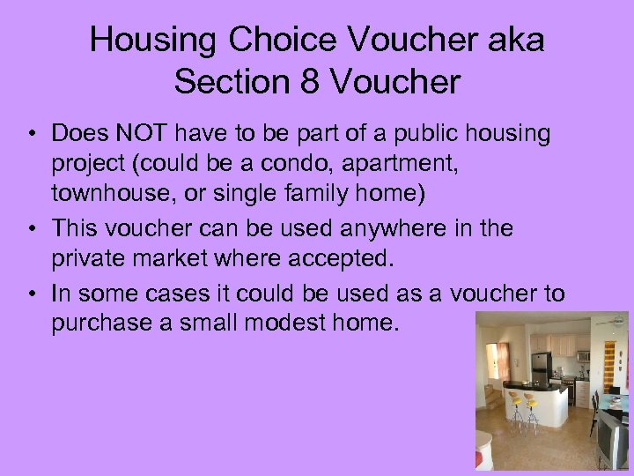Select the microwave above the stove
(583, 355)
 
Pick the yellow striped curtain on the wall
(608, 369)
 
